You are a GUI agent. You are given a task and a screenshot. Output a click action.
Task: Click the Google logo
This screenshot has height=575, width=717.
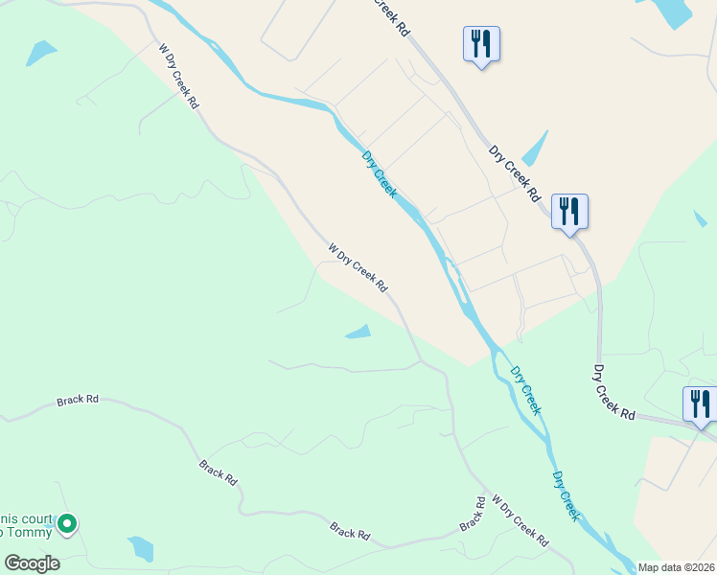(x=33, y=563)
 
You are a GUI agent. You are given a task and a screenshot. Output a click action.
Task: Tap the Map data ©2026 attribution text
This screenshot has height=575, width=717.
(x=677, y=567)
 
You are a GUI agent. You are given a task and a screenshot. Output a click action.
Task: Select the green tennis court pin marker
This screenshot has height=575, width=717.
(x=66, y=523)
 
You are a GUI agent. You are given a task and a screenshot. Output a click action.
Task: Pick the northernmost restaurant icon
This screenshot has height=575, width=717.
(x=481, y=43)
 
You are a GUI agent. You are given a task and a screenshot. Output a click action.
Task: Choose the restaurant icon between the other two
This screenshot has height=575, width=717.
(x=569, y=211)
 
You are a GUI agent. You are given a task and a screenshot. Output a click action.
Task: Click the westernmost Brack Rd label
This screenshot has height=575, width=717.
(x=78, y=399)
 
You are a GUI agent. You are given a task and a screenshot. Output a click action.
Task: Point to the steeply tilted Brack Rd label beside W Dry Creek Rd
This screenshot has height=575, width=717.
(x=472, y=514)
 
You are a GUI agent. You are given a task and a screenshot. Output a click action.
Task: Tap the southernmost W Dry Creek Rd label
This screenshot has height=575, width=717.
(x=520, y=521)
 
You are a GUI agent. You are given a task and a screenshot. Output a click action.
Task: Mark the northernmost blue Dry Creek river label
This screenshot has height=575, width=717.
(x=379, y=173)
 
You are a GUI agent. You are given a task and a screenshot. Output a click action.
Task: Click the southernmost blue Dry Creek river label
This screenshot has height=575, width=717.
(x=567, y=495)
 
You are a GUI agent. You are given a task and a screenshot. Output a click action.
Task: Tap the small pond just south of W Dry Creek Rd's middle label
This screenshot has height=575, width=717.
(x=358, y=333)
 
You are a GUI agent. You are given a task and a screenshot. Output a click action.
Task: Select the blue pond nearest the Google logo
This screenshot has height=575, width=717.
(x=141, y=548)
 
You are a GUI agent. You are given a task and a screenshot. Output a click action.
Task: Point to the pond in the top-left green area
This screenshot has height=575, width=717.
(x=41, y=52)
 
